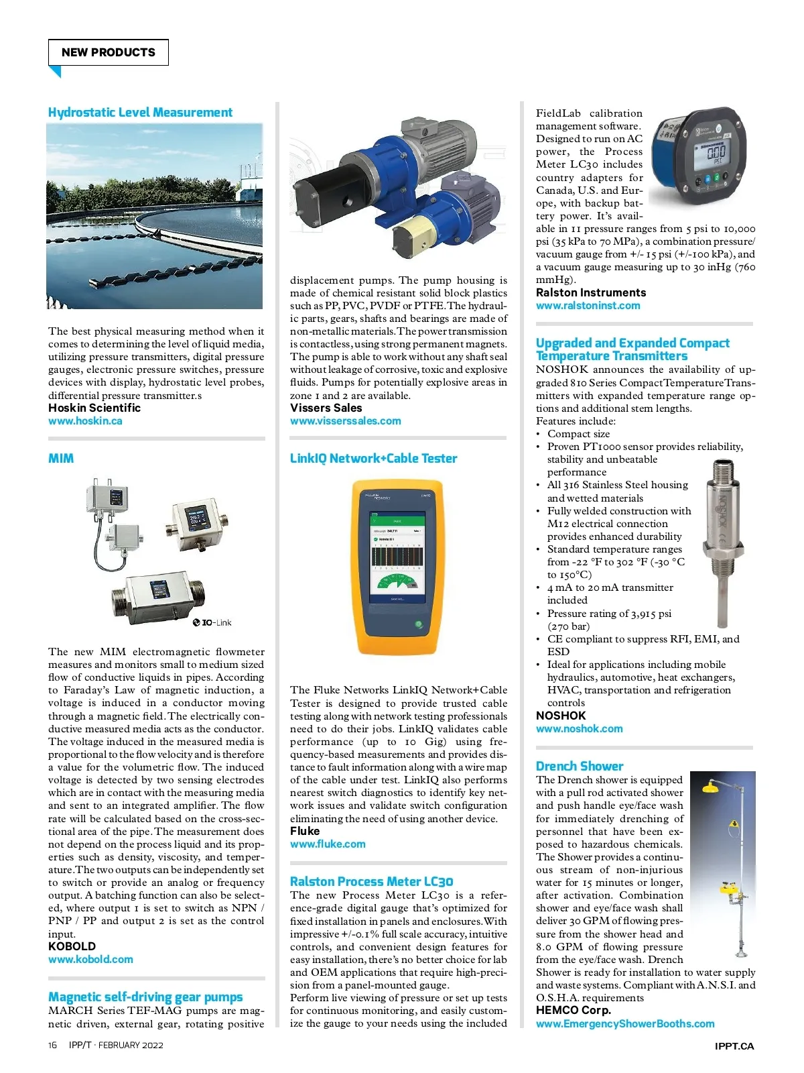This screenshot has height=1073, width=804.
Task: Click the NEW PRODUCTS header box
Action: [108, 52]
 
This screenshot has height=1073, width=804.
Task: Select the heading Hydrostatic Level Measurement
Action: [140, 112]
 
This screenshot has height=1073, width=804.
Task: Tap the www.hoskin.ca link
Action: [85, 420]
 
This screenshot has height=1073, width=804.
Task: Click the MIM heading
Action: [61, 458]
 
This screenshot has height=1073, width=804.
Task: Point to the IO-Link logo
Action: [212, 622]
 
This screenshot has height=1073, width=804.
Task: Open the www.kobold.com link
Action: [90, 959]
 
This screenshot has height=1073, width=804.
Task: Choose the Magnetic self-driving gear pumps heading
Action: [145, 997]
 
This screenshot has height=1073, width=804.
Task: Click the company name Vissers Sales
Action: [326, 408]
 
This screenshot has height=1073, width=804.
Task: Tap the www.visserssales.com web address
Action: [345, 420]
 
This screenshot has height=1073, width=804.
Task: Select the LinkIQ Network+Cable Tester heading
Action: [373, 458]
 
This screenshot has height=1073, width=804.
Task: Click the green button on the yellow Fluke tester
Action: [419, 624]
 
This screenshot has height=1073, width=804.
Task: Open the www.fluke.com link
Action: [328, 844]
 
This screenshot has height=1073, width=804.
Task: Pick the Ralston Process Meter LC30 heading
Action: [371, 881]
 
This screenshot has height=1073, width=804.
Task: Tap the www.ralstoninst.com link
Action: [588, 305]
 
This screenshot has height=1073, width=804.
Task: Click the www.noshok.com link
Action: [579, 728]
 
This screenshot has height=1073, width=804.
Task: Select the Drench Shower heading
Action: [579, 766]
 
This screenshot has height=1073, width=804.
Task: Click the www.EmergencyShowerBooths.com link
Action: [624, 1023]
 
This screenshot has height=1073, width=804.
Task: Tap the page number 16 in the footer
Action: [53, 1045]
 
